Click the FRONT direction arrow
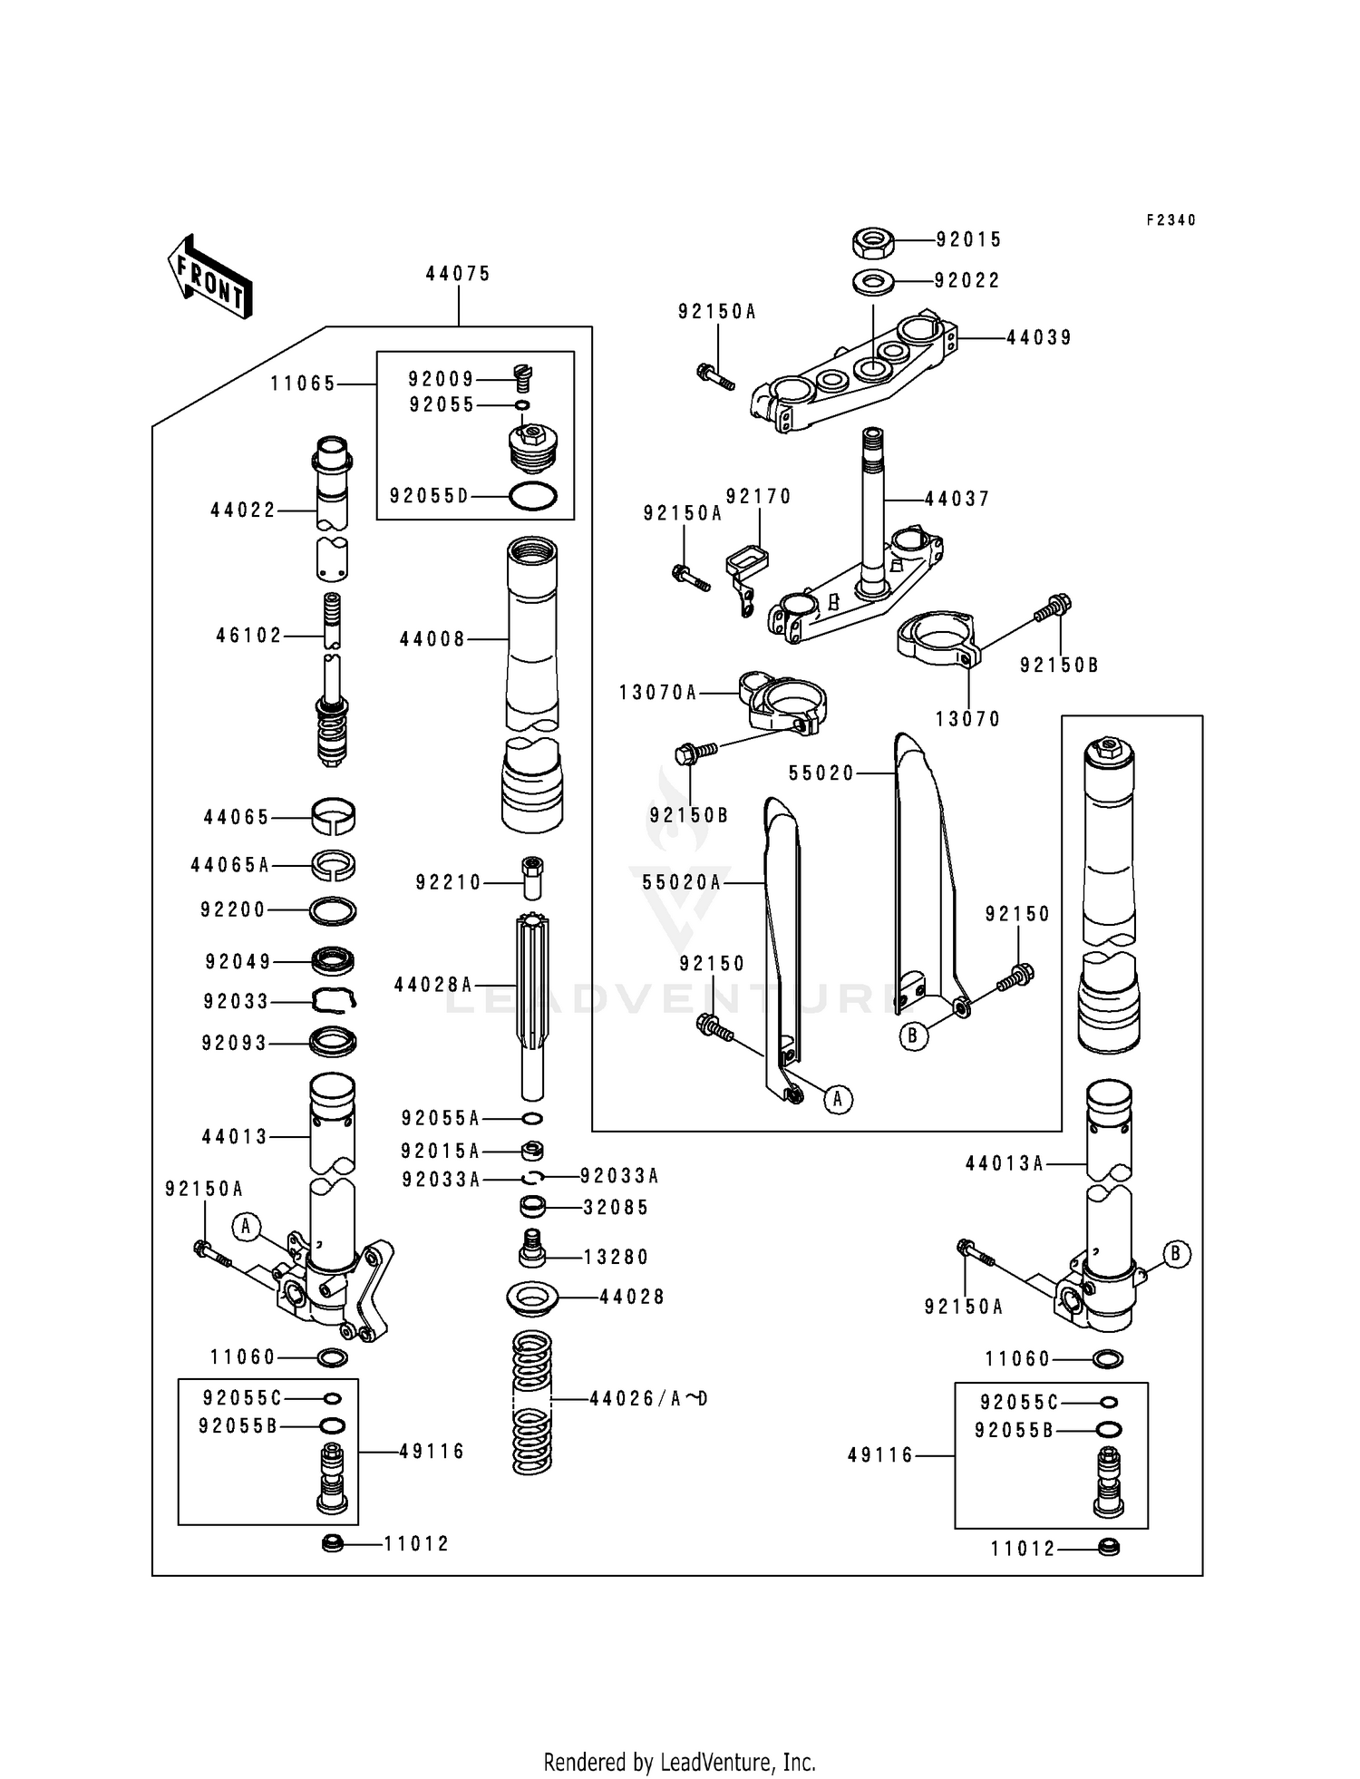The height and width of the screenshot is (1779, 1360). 209,277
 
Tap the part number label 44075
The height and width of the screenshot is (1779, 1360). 458,274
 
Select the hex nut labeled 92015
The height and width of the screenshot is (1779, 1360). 874,242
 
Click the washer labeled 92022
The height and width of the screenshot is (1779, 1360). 873,281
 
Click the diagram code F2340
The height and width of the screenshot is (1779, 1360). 1171,220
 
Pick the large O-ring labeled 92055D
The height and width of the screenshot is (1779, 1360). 532,496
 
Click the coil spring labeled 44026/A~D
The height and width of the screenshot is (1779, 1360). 532,1401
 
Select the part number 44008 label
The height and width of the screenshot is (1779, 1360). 432,640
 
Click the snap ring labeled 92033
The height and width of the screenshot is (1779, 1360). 333,1000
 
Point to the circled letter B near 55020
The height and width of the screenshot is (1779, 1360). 913,1035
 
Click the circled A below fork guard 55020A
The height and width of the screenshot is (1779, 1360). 838,1100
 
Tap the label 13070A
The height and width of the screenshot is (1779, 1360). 658,694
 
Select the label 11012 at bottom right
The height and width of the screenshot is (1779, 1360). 1023,1549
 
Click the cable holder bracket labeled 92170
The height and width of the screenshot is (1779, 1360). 745,567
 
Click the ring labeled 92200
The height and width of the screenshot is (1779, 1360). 333,909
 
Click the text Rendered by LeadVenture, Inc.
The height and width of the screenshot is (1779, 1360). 679,1762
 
